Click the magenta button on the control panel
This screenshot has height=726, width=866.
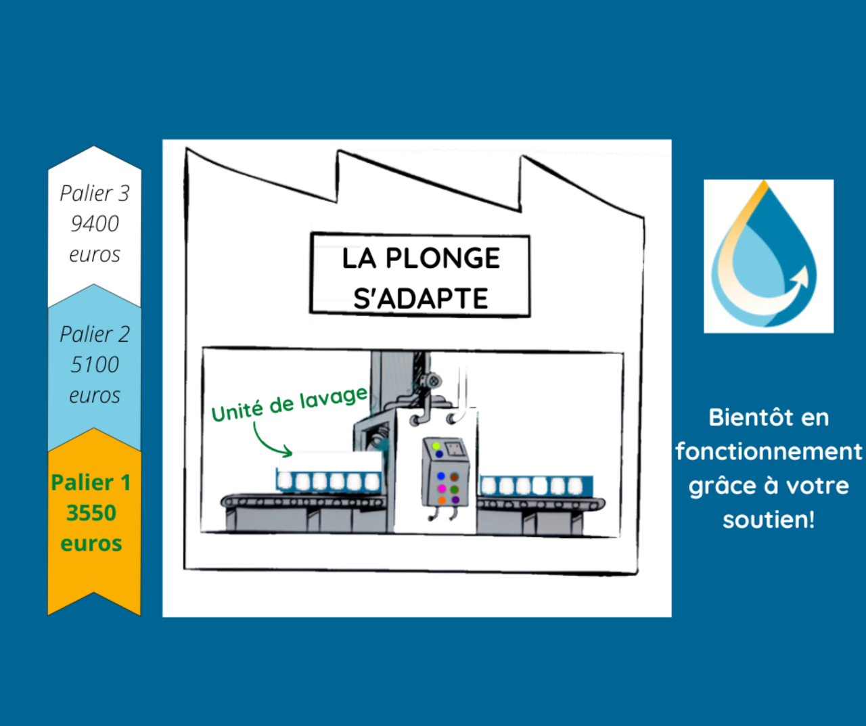(x=441, y=489)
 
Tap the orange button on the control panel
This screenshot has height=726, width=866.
(x=441, y=501)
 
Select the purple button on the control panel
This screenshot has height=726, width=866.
(x=455, y=501)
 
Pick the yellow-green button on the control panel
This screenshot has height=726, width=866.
(x=436, y=446)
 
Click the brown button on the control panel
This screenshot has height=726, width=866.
(x=455, y=477)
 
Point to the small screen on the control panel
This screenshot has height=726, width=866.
(x=453, y=448)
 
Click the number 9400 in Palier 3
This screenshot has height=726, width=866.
(x=95, y=223)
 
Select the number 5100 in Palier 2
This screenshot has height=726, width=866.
(x=95, y=365)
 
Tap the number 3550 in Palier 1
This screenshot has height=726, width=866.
(x=91, y=513)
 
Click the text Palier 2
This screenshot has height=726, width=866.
(x=95, y=334)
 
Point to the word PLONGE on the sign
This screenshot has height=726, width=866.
(x=442, y=258)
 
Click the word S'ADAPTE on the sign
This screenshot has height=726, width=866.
(x=420, y=298)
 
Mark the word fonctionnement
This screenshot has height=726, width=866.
(x=769, y=451)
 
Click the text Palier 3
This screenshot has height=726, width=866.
(x=95, y=194)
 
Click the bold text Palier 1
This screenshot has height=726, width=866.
(x=91, y=482)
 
